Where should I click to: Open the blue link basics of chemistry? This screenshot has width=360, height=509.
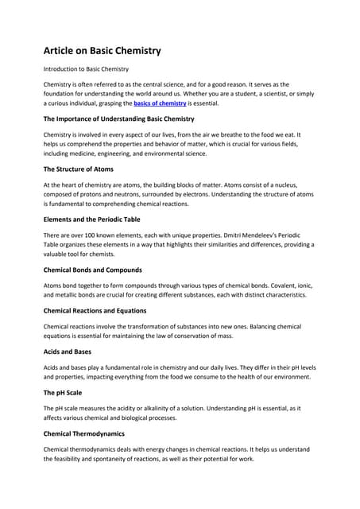click(160, 103)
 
